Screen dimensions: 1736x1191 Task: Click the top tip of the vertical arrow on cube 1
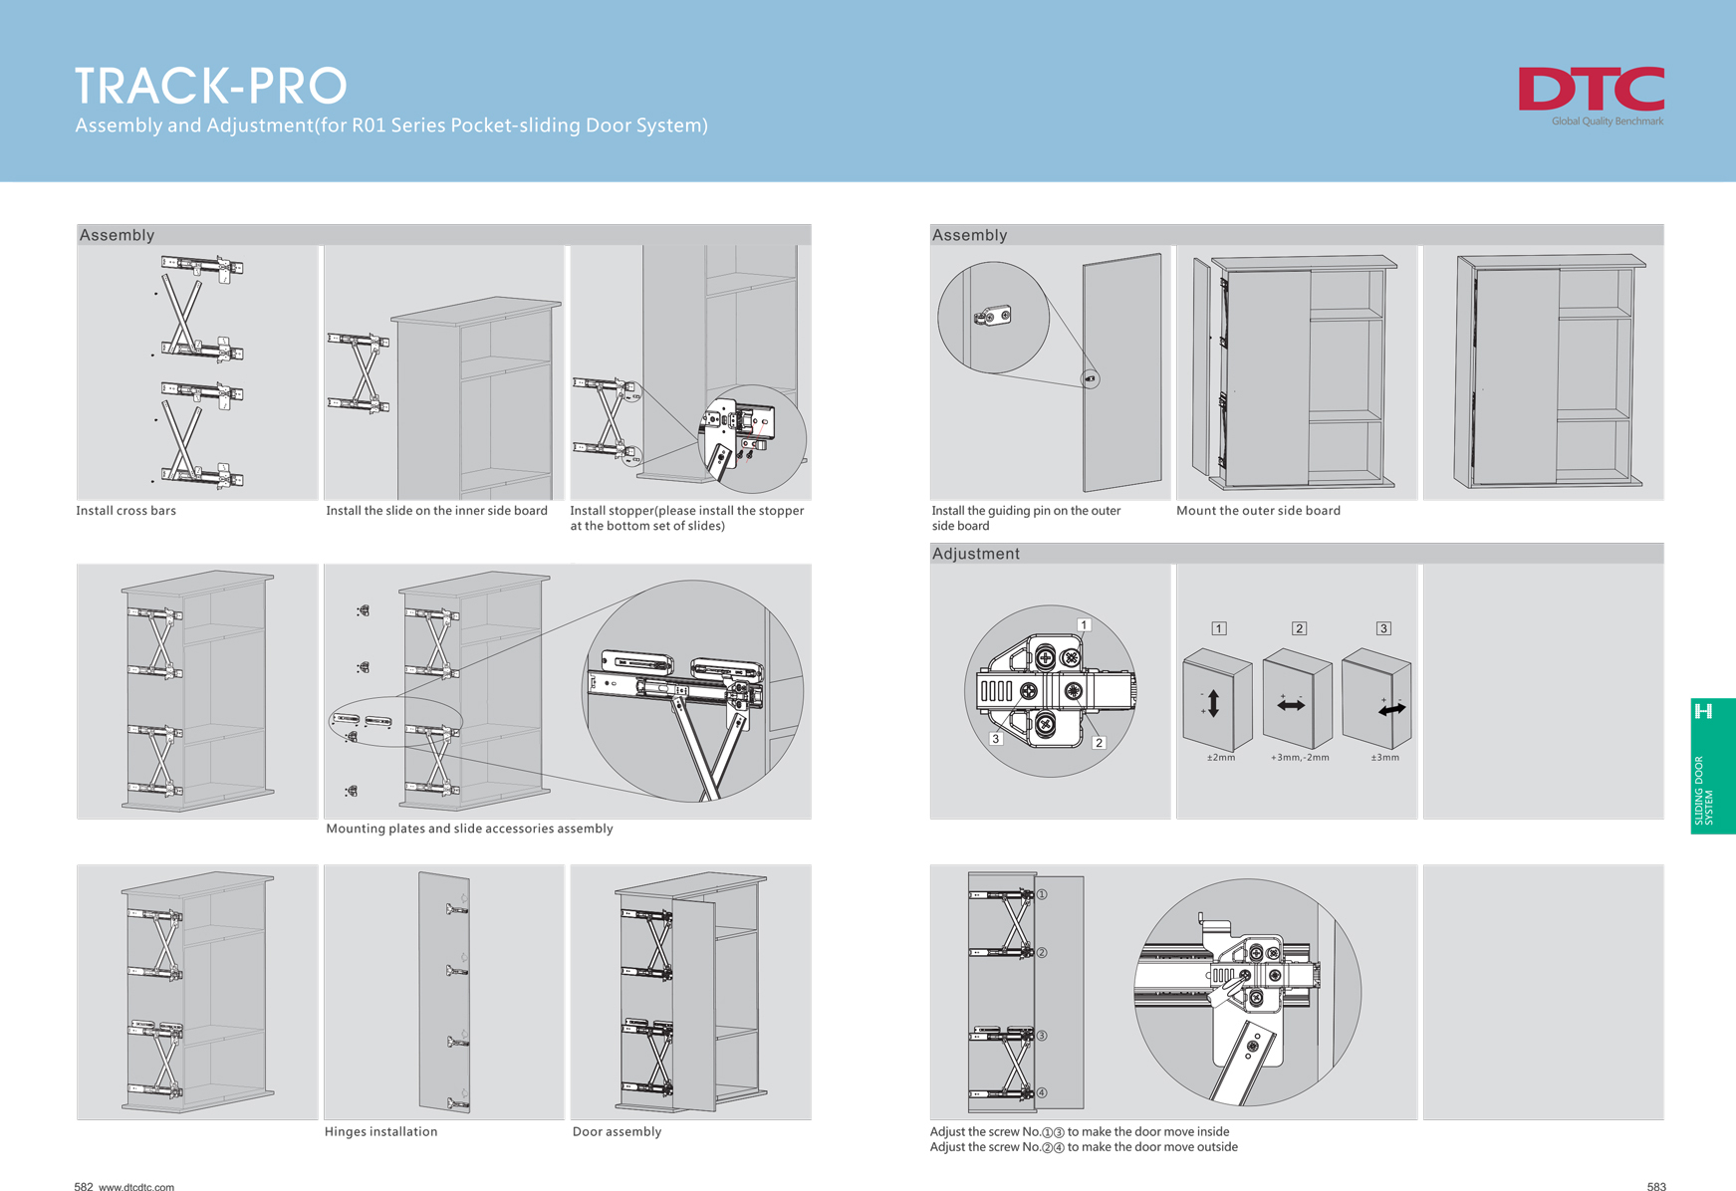point(1213,689)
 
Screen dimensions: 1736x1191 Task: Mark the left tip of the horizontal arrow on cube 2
point(1278,706)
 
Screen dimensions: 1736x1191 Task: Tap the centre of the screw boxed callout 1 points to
point(1071,657)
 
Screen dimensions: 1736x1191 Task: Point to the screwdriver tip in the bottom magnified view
point(1245,976)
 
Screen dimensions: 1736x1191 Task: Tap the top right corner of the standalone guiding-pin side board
point(1160,254)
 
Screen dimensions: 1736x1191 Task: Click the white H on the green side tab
point(1703,711)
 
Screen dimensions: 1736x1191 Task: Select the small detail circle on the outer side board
point(1091,378)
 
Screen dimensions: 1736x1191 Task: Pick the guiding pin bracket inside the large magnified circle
point(992,317)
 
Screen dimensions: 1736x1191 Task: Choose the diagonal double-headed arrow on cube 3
point(1392,709)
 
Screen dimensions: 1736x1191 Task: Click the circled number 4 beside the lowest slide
point(1042,1092)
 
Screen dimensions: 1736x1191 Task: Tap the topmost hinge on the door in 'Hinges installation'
point(457,907)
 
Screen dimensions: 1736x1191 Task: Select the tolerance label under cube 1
point(1220,758)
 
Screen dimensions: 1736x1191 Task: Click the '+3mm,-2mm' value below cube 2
point(1300,758)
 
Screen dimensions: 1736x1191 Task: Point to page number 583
point(1656,1186)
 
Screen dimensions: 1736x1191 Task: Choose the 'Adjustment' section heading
point(976,554)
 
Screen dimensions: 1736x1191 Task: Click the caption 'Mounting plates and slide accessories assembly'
point(469,829)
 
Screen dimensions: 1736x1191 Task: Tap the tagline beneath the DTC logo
point(1608,121)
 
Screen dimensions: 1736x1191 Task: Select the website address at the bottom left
point(136,1186)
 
